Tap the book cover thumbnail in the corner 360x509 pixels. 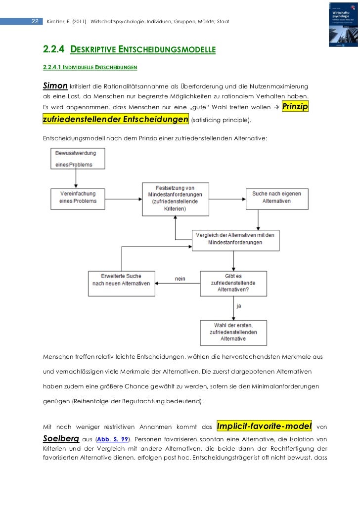click(x=341, y=24)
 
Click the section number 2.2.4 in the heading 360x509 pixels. click(x=54, y=50)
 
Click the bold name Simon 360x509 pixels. click(x=55, y=86)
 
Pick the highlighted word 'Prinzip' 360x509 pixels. click(x=295, y=108)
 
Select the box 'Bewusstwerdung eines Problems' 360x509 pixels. click(x=76, y=159)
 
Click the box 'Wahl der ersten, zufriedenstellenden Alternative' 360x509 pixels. click(x=233, y=332)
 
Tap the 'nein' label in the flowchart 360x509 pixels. click(x=180, y=279)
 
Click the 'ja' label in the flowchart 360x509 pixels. click(x=238, y=306)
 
